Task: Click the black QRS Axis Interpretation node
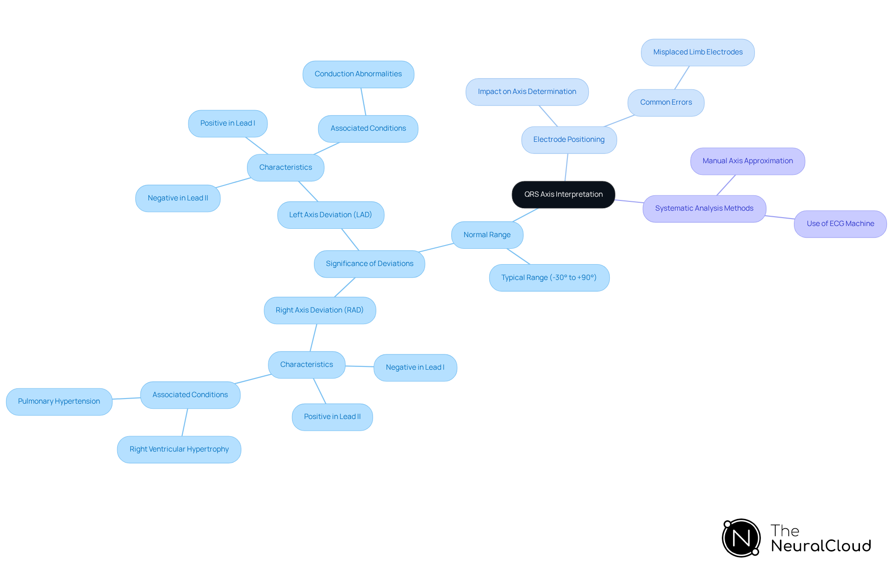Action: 563,194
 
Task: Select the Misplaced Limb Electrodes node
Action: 698,52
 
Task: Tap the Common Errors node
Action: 666,102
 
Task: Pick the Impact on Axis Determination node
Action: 527,92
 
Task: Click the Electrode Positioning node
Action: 569,140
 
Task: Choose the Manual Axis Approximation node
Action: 747,161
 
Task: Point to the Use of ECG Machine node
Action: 840,224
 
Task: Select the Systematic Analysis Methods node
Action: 704,208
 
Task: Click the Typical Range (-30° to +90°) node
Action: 549,278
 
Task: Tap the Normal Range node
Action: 487,235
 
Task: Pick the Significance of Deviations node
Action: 369,264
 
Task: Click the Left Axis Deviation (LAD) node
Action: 330,215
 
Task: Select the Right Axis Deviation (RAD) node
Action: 320,310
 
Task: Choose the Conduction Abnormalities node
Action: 358,74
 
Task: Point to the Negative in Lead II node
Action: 178,198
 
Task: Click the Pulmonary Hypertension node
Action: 59,401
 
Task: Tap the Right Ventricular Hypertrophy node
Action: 179,449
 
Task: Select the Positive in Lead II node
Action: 332,417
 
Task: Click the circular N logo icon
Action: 741,538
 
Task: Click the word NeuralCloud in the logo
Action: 821,546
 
